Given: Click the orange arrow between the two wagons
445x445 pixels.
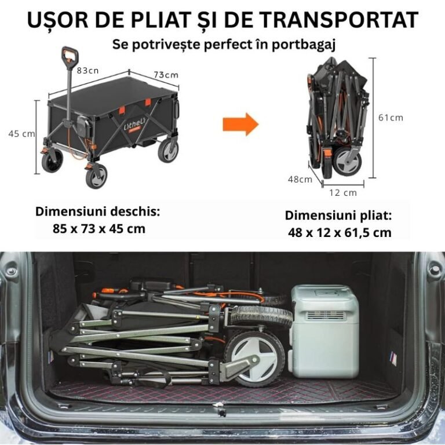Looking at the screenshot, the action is tap(240, 124).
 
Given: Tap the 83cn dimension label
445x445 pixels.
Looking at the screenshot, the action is tap(87, 70).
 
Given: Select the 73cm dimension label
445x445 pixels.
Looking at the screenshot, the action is tap(166, 75).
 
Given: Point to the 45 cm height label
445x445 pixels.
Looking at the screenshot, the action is tap(21, 134).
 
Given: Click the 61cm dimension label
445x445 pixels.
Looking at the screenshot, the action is tap(391, 118).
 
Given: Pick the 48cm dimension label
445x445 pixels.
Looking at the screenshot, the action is tap(300, 180).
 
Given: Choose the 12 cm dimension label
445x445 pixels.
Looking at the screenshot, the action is tap(343, 193).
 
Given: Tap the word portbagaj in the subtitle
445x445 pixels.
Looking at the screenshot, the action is tap(304, 45).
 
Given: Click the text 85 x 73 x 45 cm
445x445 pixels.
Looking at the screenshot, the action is tap(99, 229).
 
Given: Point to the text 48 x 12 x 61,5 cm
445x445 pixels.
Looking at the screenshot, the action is tap(340, 233).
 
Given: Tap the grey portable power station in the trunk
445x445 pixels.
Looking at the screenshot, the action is tap(324, 331).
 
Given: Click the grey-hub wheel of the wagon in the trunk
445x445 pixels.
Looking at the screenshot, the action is tap(254, 359).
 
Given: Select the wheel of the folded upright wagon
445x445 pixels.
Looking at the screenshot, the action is tap(347, 161).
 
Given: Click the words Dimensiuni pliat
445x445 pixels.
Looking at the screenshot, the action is tap(338, 216).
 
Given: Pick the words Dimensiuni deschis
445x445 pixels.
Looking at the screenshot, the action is tap(97, 211).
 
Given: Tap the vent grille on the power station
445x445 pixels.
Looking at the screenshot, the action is tap(326, 315).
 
